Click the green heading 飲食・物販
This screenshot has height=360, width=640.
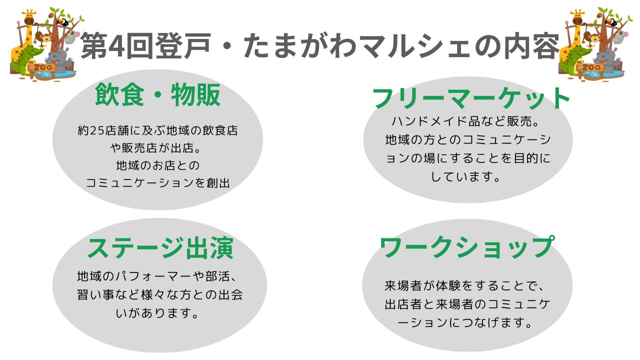[157, 95]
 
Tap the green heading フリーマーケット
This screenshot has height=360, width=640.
[471, 98]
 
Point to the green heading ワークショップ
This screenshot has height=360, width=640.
[467, 247]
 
